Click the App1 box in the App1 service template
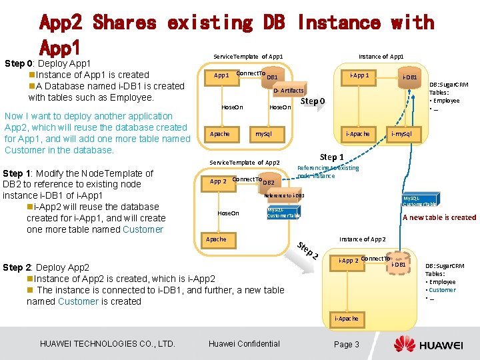(221, 75)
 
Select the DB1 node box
(272, 77)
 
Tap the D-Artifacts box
(289, 90)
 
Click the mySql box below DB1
(263, 134)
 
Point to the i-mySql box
(401, 134)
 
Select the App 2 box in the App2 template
(219, 181)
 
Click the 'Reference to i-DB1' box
(284, 195)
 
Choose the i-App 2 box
(349, 260)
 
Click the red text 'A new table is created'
(439, 217)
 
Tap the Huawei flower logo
(404, 344)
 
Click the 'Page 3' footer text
(347, 344)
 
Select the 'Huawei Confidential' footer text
(244, 344)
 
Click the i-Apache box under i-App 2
(347, 319)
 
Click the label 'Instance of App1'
(381, 57)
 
